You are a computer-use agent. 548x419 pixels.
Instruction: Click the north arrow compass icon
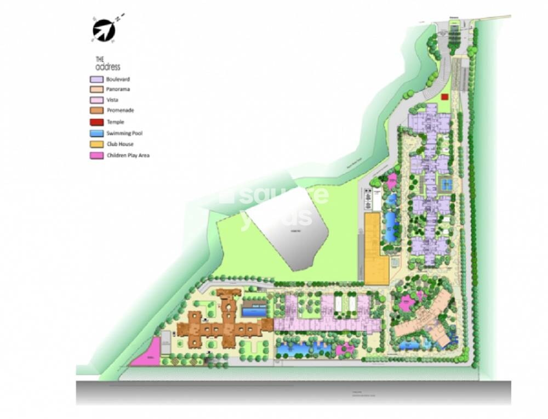(x=104, y=29)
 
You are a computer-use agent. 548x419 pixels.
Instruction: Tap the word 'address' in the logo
(x=108, y=67)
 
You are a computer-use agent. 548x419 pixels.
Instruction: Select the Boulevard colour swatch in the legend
(x=97, y=80)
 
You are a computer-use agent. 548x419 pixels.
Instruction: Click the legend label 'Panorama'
(x=118, y=89)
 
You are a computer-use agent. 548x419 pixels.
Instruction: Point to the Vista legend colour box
(x=97, y=100)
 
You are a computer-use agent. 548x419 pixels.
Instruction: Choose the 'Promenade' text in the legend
(x=121, y=111)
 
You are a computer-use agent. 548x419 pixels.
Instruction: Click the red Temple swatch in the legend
(x=97, y=122)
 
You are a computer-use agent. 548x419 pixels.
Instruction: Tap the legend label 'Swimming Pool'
(x=125, y=133)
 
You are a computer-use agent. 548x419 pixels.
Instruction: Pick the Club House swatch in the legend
(x=97, y=144)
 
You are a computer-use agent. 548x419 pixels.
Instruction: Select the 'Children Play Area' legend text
(x=128, y=155)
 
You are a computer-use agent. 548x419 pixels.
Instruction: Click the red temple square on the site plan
(x=444, y=97)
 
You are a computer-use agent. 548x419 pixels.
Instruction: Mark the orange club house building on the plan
(x=376, y=250)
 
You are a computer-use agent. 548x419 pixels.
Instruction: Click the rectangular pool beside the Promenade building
(x=255, y=312)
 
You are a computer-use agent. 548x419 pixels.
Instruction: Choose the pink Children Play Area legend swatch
(x=97, y=156)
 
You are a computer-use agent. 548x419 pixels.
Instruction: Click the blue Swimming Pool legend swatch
(x=97, y=133)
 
